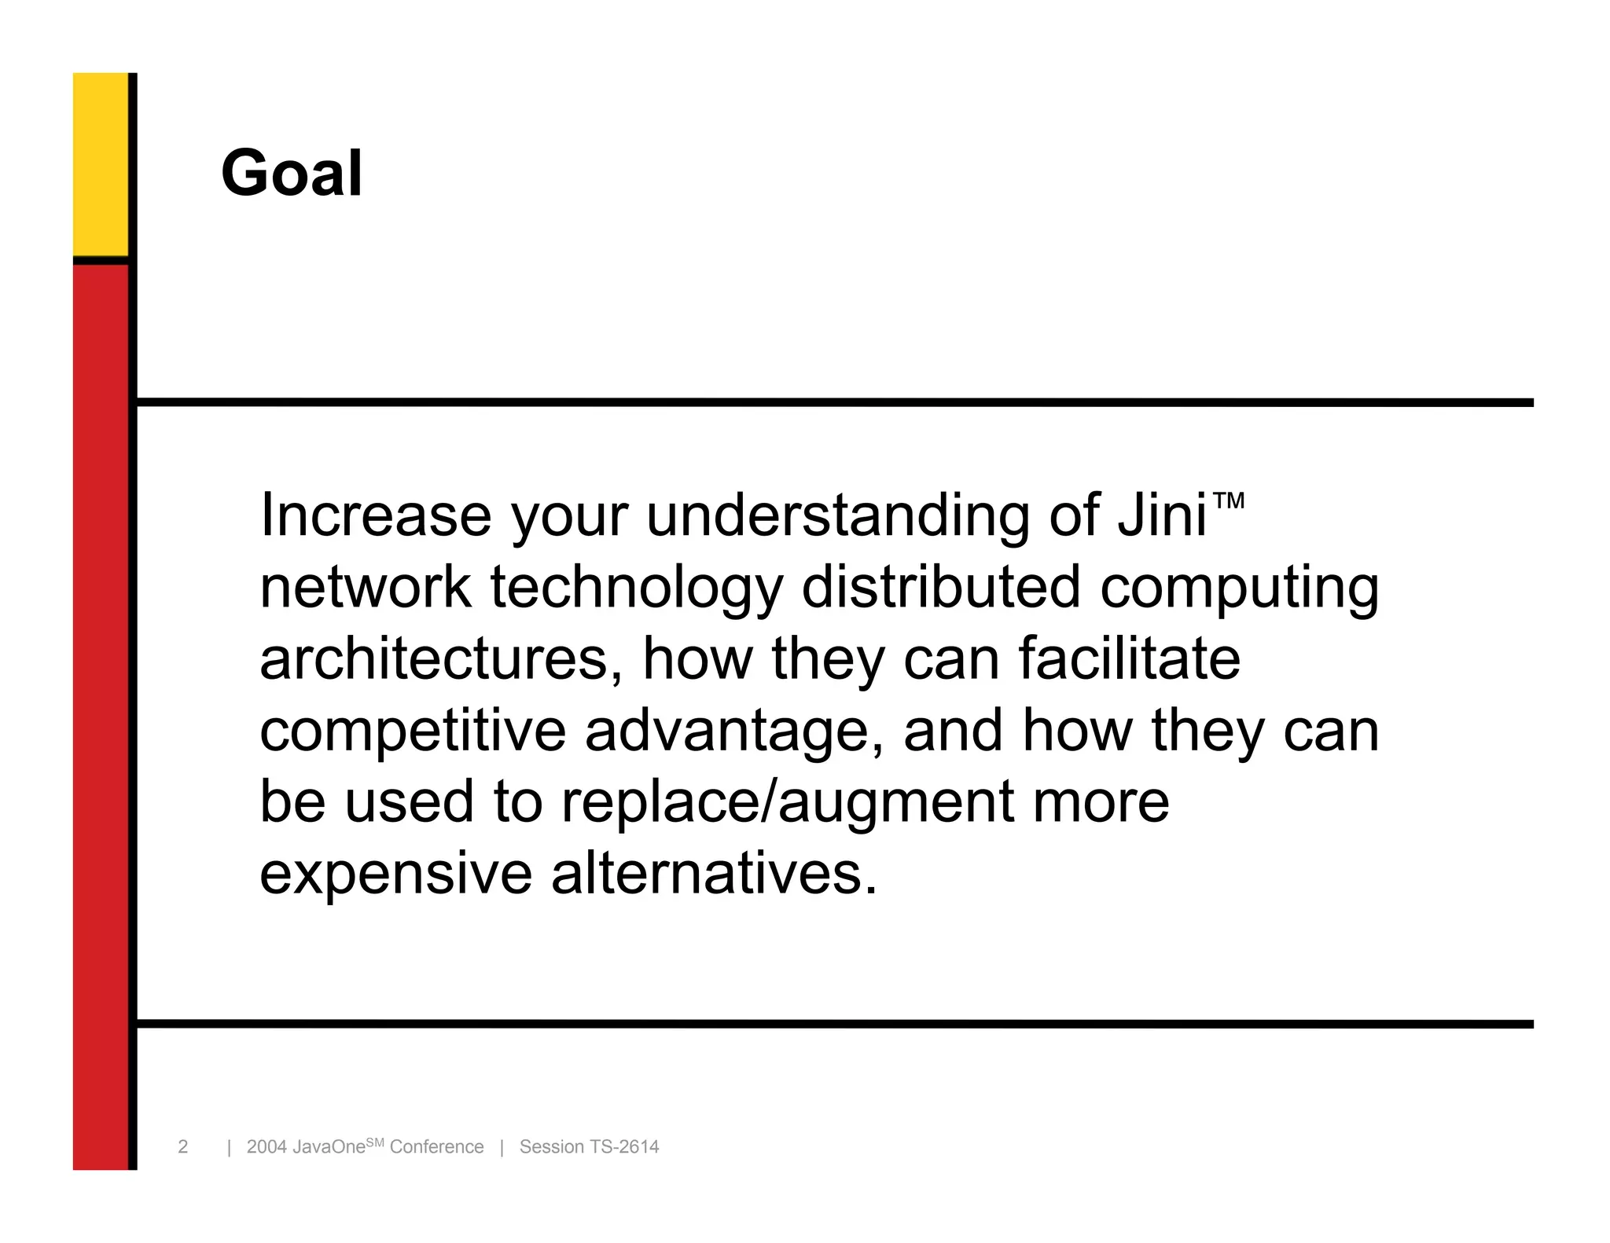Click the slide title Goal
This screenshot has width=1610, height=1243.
292,174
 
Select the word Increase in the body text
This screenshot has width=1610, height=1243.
376,515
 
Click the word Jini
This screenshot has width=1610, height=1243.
1162,515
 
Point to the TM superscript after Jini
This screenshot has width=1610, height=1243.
1228,500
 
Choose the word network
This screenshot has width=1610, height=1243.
366,588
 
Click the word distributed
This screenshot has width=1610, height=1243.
941,588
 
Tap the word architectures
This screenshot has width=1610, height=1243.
435,658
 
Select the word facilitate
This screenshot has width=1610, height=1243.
1130,658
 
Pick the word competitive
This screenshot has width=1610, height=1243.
413,731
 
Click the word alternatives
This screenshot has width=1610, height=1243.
713,873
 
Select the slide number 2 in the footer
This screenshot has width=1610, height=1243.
183,1147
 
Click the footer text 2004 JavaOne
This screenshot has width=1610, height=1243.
306,1147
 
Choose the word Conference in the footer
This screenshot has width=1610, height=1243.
436,1147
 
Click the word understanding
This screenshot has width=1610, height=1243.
837,515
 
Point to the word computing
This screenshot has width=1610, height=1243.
1239,588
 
